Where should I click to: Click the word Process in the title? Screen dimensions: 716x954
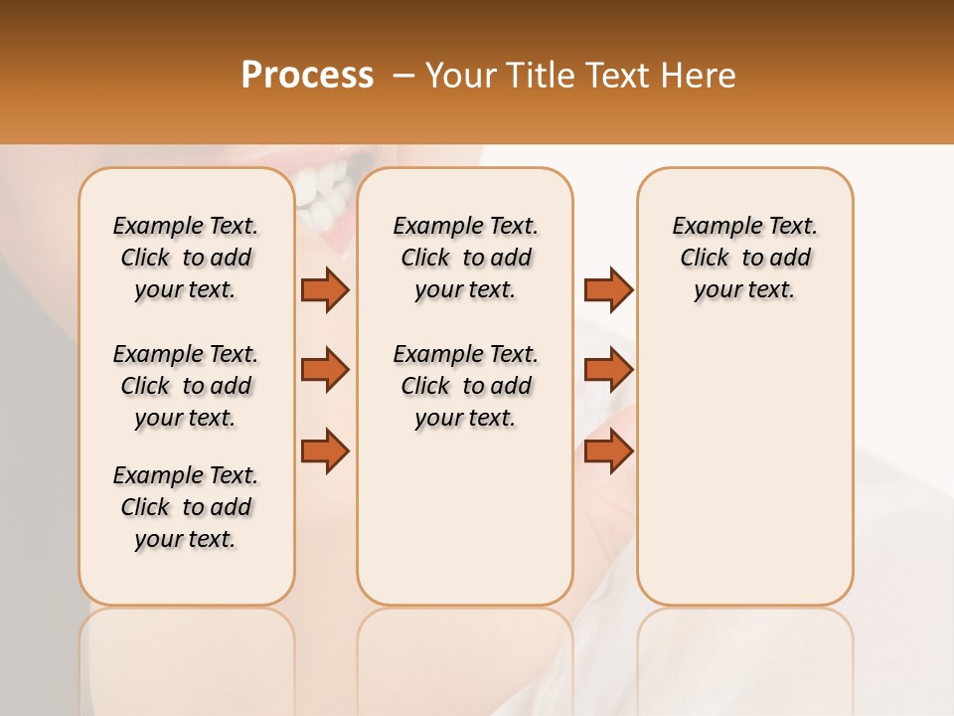pyautogui.click(x=307, y=75)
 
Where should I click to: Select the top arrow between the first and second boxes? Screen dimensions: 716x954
pyautogui.click(x=325, y=289)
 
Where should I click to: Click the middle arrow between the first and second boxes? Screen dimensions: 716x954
pyautogui.click(x=325, y=370)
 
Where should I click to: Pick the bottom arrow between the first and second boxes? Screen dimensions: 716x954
pyautogui.click(x=325, y=450)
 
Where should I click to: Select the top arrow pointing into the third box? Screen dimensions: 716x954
pyautogui.click(x=608, y=289)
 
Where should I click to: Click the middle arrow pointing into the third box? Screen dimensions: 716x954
pyautogui.click(x=608, y=370)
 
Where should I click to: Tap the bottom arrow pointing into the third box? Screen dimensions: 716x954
pyautogui.click(x=608, y=450)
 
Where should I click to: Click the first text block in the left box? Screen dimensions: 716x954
pyautogui.click(x=186, y=258)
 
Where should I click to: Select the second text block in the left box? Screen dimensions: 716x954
pyautogui.click(x=186, y=386)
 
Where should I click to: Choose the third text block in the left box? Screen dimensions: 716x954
pyautogui.click(x=186, y=507)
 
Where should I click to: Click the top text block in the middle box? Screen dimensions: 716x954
pyautogui.click(x=465, y=258)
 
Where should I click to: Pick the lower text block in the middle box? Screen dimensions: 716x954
pyautogui.click(x=465, y=386)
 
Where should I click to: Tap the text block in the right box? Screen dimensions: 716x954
pyautogui.click(x=744, y=258)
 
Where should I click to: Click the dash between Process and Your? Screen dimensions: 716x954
pyautogui.click(x=402, y=75)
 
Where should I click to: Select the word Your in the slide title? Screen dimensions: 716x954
pyautogui.click(x=459, y=75)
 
